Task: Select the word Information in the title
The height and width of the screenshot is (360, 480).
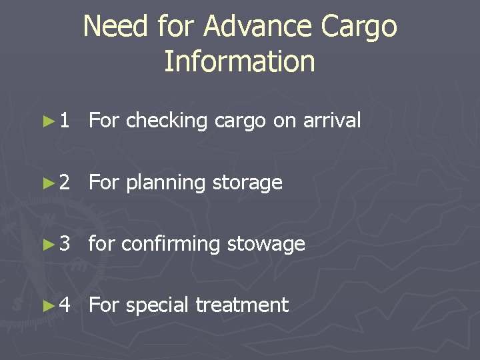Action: [239, 61]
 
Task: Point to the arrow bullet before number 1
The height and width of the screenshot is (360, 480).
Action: [46, 121]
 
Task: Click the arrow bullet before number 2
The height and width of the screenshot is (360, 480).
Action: [46, 183]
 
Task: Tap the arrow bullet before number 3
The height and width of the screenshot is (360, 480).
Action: [46, 244]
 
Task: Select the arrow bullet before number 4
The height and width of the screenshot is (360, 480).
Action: [46, 305]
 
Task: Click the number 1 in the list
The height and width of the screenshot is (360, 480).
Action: [63, 121]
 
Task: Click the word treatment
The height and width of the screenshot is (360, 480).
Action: [242, 305]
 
